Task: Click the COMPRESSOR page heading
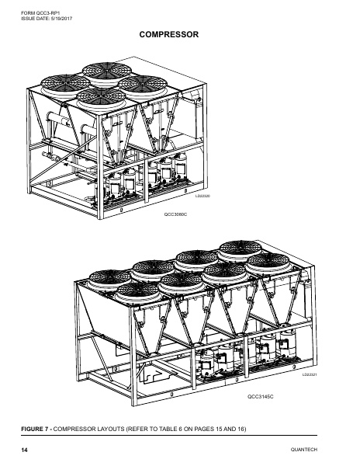tap(169, 34)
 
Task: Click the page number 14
tap(24, 450)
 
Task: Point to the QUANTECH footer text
tap(304, 450)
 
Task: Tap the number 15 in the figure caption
tap(218, 429)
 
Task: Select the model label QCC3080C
tap(175, 214)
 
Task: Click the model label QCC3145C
tap(261, 396)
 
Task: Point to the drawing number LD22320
tap(202, 196)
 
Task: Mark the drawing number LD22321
tap(310, 374)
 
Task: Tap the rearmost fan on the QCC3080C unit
tap(107, 73)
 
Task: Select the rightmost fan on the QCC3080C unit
tap(143, 85)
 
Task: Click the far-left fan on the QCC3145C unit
tap(110, 280)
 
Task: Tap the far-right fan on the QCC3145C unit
tap(268, 263)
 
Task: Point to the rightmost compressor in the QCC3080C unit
tap(181, 166)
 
